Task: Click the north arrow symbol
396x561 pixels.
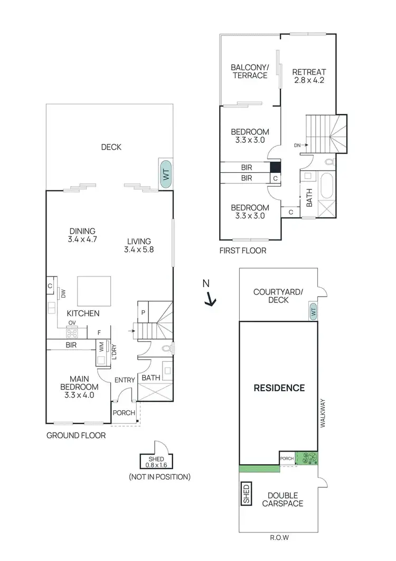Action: pyautogui.click(x=210, y=299)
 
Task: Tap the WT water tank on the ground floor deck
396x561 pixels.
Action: pyautogui.click(x=166, y=173)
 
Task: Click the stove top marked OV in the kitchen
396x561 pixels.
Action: pyautogui.click(x=72, y=333)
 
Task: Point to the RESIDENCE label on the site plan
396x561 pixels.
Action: pyautogui.click(x=279, y=388)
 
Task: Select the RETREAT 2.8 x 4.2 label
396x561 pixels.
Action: pyautogui.click(x=309, y=76)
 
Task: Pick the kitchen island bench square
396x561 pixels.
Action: pyautogui.click(x=95, y=291)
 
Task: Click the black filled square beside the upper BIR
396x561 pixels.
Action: pyautogui.click(x=275, y=167)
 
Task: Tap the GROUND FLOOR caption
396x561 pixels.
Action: pyautogui.click(x=76, y=436)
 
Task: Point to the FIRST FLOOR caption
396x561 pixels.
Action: pyautogui.click(x=243, y=251)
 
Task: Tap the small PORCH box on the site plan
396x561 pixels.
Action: pyautogui.click(x=287, y=458)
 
